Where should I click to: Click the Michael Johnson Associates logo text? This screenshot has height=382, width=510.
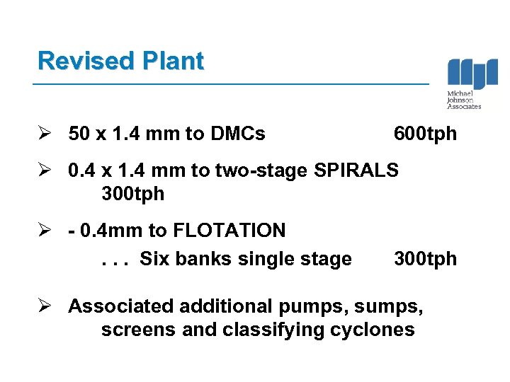pos(464,100)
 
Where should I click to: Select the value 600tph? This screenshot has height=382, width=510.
pos(425,133)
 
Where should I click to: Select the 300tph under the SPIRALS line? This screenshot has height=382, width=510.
pos(133,194)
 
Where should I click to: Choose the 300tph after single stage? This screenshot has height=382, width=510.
pos(425,259)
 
